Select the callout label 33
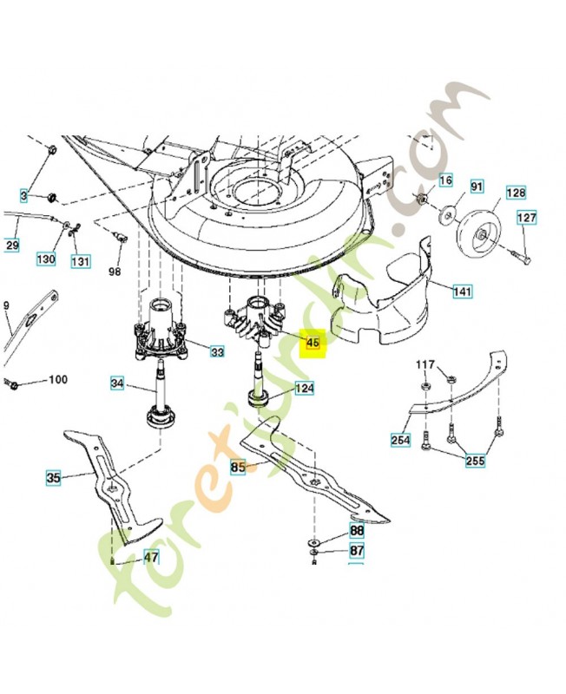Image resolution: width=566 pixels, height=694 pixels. tap(216, 352)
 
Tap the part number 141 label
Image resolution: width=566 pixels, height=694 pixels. tap(462, 292)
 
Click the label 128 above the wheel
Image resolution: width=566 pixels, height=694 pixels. tap(516, 192)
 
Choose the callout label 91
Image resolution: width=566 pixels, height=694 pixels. tap(477, 186)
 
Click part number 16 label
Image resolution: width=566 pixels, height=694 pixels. tap(445, 180)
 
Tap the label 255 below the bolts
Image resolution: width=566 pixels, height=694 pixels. tap(474, 461)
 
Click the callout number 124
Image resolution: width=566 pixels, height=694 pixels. tap(304, 389)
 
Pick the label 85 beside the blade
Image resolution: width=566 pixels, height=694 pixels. tap(239, 467)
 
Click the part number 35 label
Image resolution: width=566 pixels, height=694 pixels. tap(54, 476)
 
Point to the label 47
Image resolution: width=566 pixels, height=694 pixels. tap(151, 557)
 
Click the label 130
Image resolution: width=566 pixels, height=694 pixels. tap(46, 259)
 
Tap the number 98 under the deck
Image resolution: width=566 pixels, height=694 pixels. tap(115, 272)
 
